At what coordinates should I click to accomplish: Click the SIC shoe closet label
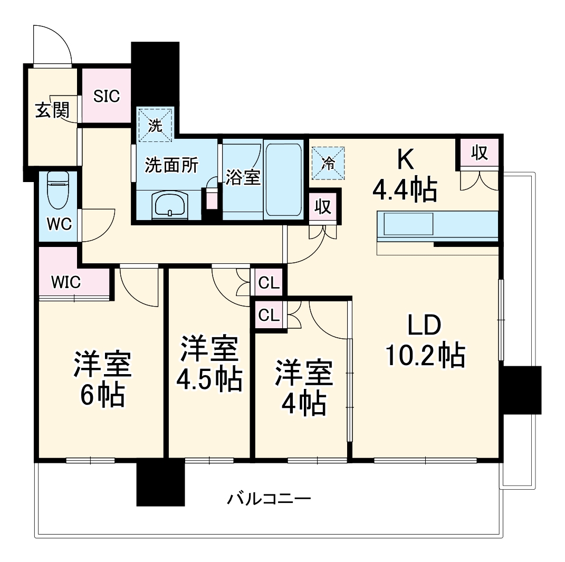(x=107, y=96)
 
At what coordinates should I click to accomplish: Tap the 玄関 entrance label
(x=52, y=110)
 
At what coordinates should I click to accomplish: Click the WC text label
(x=59, y=224)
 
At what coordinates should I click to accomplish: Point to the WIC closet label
(x=66, y=282)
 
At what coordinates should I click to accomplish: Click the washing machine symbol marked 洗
(x=155, y=125)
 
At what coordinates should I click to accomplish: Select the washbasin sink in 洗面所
(x=169, y=204)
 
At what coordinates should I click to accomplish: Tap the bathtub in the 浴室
(x=283, y=179)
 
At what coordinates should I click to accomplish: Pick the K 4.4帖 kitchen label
(x=405, y=174)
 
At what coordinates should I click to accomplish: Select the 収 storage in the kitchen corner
(x=479, y=153)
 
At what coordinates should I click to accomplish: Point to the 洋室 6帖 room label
(x=103, y=379)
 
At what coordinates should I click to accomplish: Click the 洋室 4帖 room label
(x=303, y=388)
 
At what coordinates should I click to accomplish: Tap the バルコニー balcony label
(x=269, y=498)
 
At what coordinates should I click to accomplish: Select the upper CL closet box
(x=269, y=283)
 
